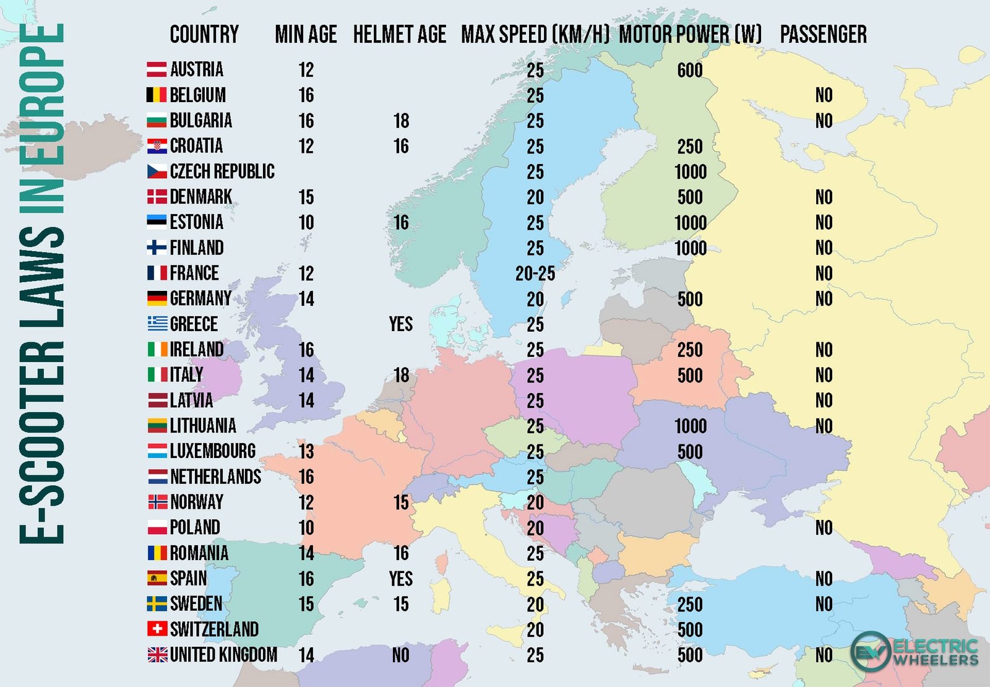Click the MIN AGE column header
tap(306, 35)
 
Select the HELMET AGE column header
tap(400, 35)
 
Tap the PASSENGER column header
tap(823, 35)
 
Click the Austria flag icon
tap(157, 69)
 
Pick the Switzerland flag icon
tap(157, 629)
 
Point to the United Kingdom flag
tap(157, 655)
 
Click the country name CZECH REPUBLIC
tap(222, 171)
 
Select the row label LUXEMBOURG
tap(213, 451)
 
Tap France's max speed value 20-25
tap(535, 274)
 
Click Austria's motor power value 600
tap(690, 70)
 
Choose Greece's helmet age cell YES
tap(401, 324)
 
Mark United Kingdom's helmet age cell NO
tap(401, 655)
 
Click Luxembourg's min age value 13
tap(306, 451)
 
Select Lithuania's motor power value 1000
tap(691, 426)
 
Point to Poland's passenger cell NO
tap(824, 527)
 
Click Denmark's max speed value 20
tap(535, 197)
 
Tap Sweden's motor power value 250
tap(690, 604)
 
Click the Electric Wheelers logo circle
tap(871, 651)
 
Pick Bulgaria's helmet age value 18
tap(401, 121)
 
